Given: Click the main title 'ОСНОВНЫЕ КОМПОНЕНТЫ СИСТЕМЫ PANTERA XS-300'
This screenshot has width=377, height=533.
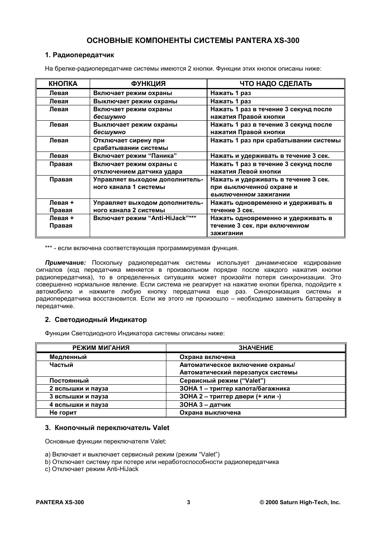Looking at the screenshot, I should point(192,41).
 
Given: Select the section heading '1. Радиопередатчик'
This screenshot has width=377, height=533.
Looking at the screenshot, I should point(79,55).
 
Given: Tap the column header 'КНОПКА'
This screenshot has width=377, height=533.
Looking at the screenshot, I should point(63,84).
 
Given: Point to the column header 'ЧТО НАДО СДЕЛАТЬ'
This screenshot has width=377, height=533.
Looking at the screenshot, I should point(275,84).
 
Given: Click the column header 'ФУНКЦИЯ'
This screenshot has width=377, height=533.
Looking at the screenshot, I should point(148,84).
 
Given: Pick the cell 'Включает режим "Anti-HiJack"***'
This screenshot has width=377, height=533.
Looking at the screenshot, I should point(145,218).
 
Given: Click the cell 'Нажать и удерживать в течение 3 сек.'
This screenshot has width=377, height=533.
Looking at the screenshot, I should point(270,156).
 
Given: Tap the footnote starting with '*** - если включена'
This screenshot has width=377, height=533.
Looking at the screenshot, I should point(141,248).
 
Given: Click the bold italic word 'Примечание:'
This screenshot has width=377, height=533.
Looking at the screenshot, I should point(65,263).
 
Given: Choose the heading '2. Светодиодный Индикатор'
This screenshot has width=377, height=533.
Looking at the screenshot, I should point(96,320).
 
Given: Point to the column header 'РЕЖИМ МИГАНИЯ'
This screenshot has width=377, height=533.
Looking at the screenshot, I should point(101,348).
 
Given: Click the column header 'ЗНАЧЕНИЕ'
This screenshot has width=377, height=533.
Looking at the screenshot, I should point(256,348).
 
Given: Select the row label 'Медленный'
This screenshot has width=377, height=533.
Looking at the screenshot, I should point(68,357).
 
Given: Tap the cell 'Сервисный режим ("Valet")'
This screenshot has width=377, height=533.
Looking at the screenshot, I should point(222,381).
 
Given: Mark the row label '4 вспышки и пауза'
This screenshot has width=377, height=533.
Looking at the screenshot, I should point(79,405).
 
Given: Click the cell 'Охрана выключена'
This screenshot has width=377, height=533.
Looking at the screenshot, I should point(210,413).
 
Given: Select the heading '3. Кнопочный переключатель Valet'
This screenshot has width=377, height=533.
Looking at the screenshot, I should point(107,428).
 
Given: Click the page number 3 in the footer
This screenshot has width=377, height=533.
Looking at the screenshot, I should point(188,503).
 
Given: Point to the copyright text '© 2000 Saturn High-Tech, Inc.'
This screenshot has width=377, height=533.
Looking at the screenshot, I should point(300,503).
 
